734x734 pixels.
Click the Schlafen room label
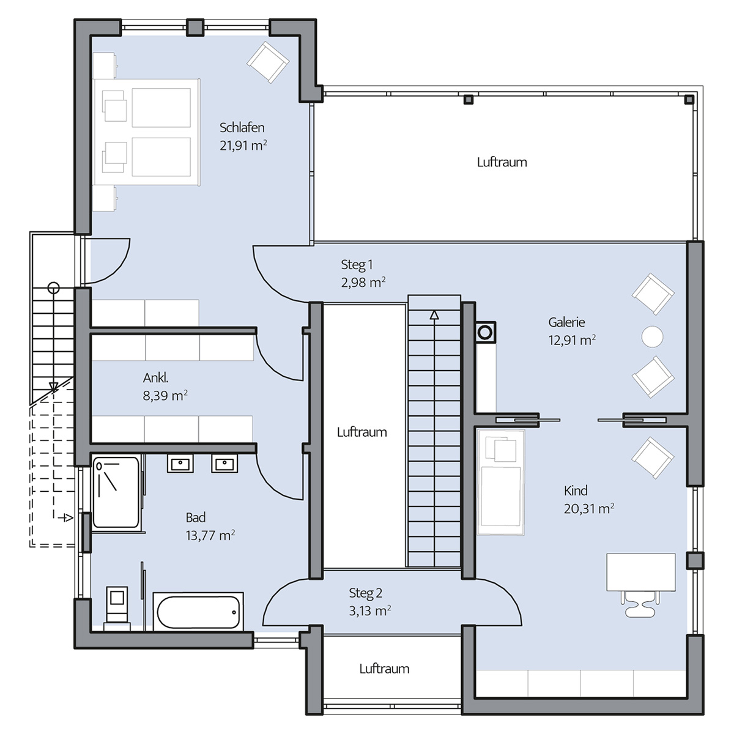coord(242,128)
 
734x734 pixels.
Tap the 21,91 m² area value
coord(243,145)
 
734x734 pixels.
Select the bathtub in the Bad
coord(198,611)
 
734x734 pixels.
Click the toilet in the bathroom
coord(117,608)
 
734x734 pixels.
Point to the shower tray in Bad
coord(116,492)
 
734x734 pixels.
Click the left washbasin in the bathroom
coord(180,464)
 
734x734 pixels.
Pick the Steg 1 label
coord(357,265)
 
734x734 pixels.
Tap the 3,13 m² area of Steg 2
coord(370,610)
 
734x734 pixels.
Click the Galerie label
coord(566,322)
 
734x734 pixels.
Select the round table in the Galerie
coord(652,336)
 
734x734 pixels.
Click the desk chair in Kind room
coord(640,604)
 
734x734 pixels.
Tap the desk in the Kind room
coord(640,573)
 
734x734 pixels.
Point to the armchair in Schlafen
coord(268,62)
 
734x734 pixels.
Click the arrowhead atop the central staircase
coord(434,315)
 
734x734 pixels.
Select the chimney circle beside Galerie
coord(485,333)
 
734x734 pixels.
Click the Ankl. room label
coord(155,378)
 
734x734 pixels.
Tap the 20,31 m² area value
coord(589,508)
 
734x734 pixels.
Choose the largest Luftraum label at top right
coord(502,162)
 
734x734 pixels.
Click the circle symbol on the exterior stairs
coord(54,287)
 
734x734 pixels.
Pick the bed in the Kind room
coord(501,482)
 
